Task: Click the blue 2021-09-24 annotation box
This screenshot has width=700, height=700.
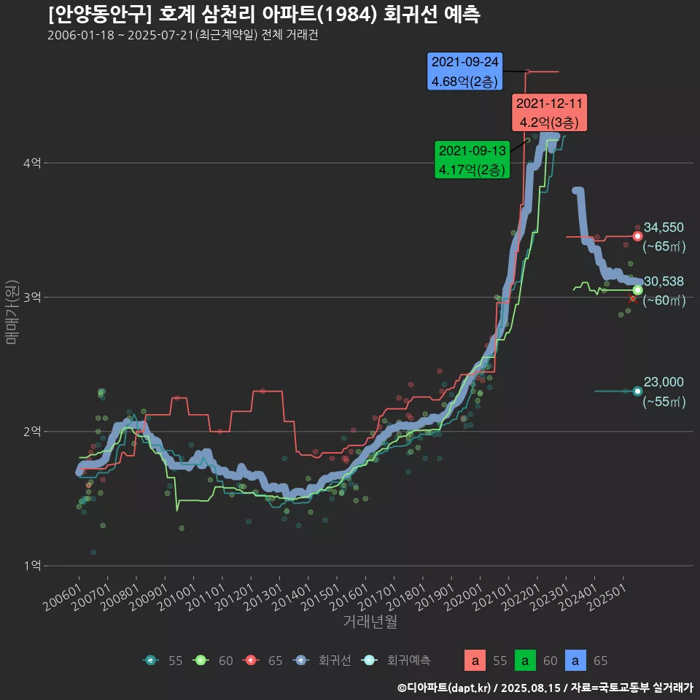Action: coord(464,71)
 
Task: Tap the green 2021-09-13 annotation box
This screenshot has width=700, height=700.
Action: coord(471,160)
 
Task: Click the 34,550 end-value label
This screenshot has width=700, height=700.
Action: coord(663,227)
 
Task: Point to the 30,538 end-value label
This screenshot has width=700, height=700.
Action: coord(663,281)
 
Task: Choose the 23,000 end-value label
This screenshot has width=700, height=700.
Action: coord(663,382)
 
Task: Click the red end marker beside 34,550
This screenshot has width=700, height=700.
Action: coord(637,236)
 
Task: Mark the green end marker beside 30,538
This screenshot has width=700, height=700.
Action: coord(637,290)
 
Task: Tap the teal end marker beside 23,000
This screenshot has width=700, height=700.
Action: coord(637,391)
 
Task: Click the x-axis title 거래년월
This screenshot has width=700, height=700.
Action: coord(370,622)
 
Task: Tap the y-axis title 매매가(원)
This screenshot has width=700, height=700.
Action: coord(12,311)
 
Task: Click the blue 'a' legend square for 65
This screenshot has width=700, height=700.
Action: coord(576,661)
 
